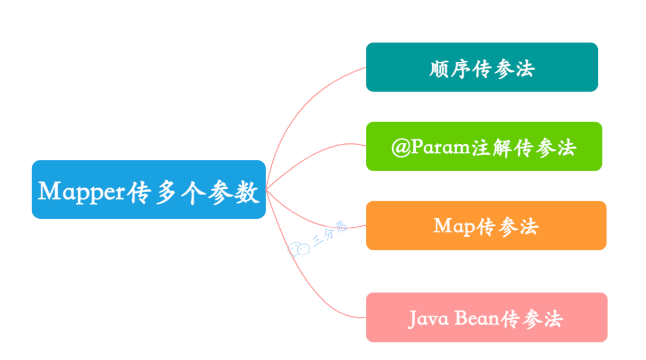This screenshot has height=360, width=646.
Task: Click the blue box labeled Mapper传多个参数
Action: [x=149, y=189]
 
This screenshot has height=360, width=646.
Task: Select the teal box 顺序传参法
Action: [x=482, y=67]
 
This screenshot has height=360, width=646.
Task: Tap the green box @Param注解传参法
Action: [x=484, y=146]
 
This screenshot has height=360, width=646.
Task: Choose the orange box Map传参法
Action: [x=485, y=225]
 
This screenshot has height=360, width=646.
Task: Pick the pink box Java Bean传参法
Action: [x=486, y=317]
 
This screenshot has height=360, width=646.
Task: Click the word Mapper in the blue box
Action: [x=81, y=192]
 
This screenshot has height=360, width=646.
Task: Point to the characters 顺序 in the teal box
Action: [x=449, y=69]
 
